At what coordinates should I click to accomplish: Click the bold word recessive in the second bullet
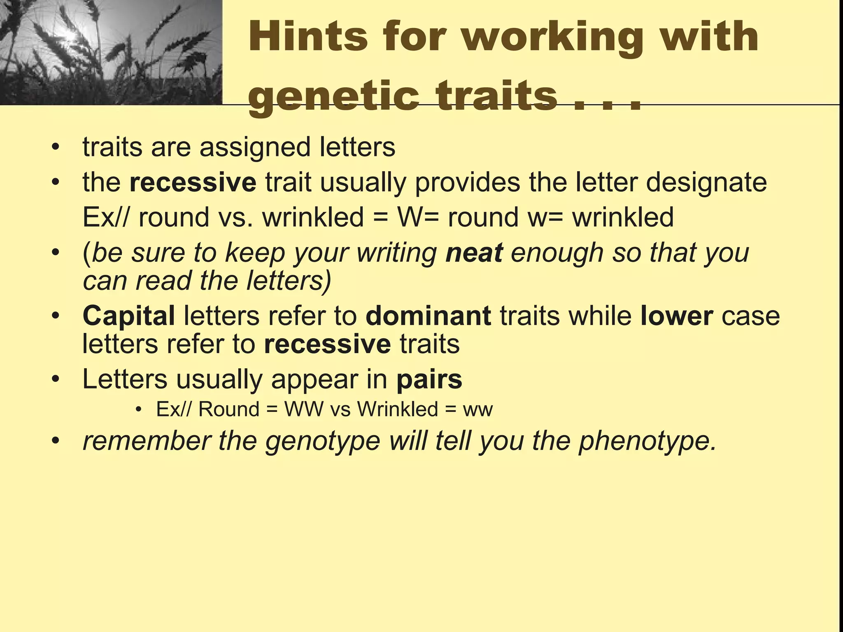pyautogui.click(x=193, y=182)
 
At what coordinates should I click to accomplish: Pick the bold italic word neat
pyautogui.click(x=474, y=253)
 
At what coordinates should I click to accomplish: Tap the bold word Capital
pyautogui.click(x=129, y=316)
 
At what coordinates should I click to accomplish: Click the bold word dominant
pyautogui.click(x=428, y=316)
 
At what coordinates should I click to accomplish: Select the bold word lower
pyautogui.click(x=677, y=316)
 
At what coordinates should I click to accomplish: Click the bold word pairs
pyautogui.click(x=429, y=379)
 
